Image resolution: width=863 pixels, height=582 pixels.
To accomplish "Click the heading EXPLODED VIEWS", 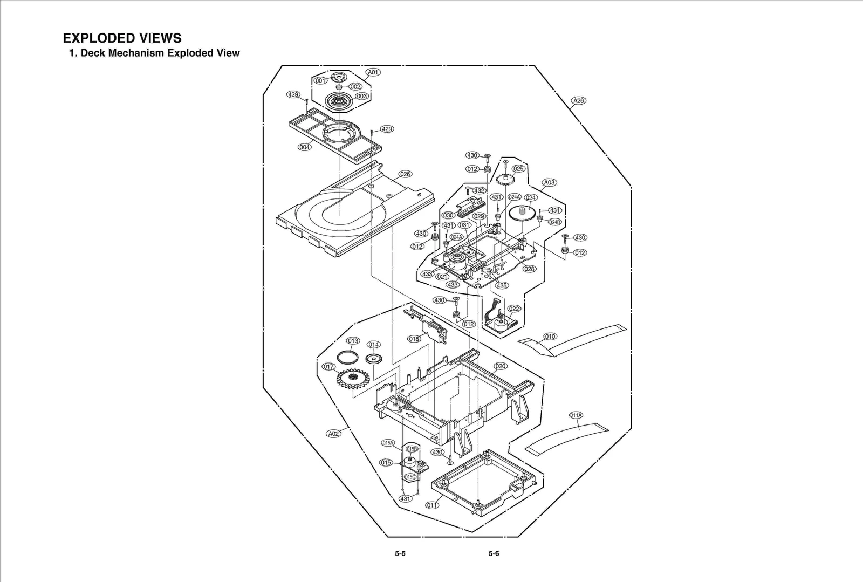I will (122, 38).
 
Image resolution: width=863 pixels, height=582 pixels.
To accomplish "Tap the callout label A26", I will (578, 101).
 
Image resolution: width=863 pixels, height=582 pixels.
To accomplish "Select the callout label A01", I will (373, 72).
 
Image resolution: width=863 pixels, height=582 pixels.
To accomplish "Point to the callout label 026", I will (405, 174).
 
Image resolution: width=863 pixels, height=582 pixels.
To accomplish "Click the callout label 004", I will (305, 147).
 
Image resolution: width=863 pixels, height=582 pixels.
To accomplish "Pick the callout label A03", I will (549, 182).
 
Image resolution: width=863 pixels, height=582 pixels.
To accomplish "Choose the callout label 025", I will (518, 169).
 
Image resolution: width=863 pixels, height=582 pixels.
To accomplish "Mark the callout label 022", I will (514, 309).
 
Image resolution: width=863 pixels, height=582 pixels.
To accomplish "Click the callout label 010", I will (550, 337).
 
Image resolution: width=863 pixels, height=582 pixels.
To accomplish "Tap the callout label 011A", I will (576, 415).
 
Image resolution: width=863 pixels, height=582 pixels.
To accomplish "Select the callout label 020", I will (501, 366).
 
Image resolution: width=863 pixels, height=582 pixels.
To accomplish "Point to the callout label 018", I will (414, 339).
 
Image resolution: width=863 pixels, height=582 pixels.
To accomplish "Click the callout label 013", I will (353, 341).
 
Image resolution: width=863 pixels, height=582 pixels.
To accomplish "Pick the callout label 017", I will (328, 367).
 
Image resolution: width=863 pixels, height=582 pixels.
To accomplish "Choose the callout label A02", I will (334, 434).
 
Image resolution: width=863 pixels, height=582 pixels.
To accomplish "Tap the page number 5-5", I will (400, 553).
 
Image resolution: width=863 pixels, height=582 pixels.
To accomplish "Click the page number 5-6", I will (494, 553).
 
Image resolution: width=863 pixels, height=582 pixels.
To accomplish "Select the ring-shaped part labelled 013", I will (347, 357).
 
